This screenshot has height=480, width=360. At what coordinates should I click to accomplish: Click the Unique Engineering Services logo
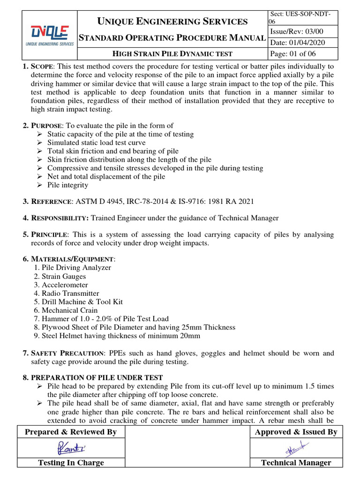(49, 35)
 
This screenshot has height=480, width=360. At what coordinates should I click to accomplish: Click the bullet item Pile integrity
(67, 185)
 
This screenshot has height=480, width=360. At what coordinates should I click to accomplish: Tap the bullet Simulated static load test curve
(96, 142)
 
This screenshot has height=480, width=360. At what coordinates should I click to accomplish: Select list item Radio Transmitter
(70, 293)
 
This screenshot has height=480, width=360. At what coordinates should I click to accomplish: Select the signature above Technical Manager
(295, 449)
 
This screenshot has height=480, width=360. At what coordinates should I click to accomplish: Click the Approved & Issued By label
(296, 432)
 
